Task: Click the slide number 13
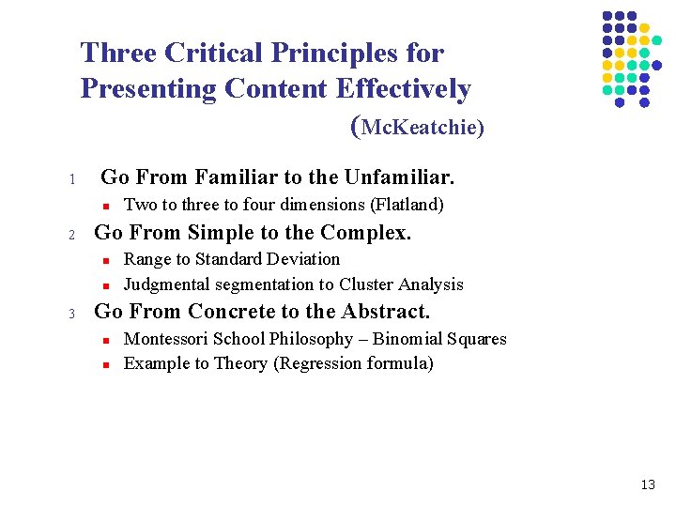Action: (647, 484)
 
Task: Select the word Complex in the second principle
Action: (365, 232)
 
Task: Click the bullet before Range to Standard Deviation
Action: (107, 260)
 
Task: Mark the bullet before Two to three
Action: (107, 206)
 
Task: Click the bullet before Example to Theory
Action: (107, 365)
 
